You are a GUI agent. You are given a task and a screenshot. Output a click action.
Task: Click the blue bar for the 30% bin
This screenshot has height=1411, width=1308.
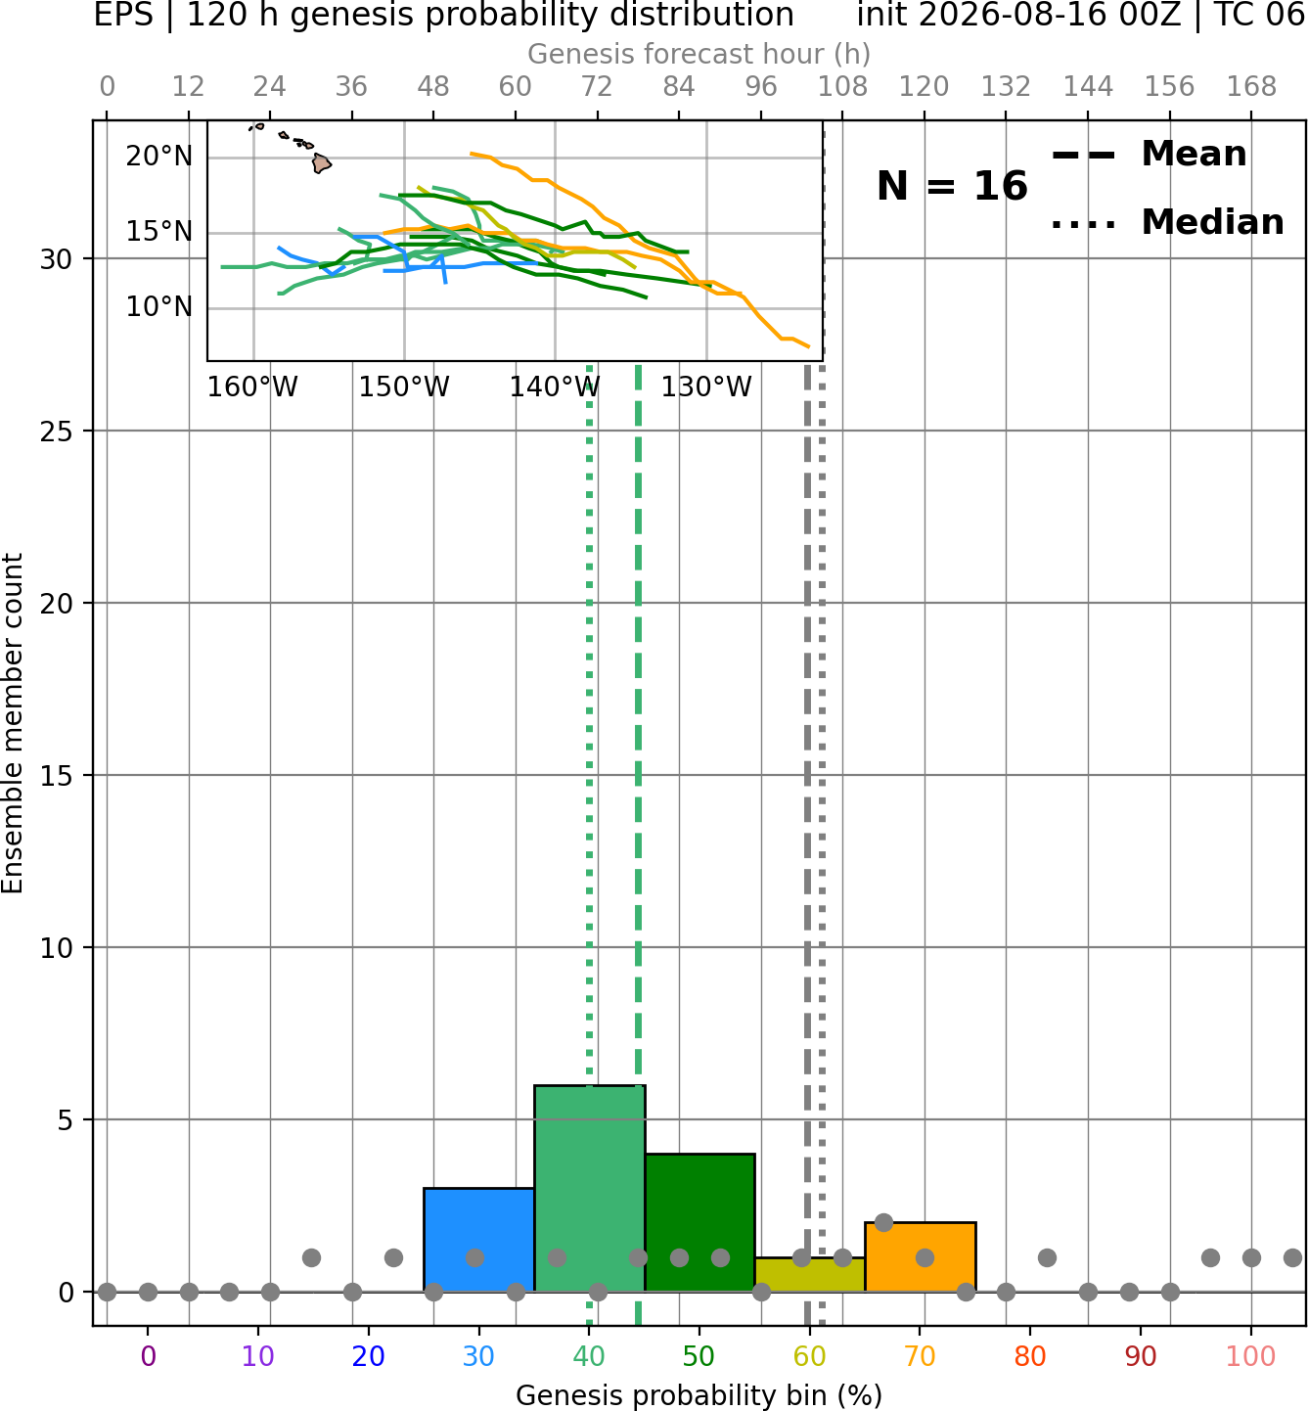point(478,1240)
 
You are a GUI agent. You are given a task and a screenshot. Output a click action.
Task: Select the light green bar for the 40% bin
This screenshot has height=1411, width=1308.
point(590,1189)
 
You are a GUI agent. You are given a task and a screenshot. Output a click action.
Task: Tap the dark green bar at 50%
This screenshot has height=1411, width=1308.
point(699,1223)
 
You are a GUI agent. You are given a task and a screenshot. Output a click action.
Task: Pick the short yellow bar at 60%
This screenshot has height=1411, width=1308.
point(810,1275)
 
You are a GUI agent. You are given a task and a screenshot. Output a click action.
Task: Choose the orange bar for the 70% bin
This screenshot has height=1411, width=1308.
point(921,1257)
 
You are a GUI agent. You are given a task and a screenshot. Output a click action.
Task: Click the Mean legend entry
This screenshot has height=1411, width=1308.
point(1149,155)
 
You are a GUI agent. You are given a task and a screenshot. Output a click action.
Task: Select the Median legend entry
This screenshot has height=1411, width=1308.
point(1168,222)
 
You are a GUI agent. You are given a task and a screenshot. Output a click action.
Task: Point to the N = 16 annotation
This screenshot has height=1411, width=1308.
point(952,186)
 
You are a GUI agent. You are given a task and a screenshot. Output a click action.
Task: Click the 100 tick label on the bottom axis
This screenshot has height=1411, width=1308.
point(1251,1356)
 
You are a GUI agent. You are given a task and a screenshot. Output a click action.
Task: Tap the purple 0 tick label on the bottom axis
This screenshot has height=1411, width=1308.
point(148,1356)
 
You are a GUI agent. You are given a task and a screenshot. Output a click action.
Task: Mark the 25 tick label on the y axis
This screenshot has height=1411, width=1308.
point(57,432)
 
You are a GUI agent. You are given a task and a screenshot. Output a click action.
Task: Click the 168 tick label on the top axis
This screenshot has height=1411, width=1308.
point(1251,87)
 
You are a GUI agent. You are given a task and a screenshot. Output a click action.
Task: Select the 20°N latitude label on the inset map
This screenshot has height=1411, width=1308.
point(159,157)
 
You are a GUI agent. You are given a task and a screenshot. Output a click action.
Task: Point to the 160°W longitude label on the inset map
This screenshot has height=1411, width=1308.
point(252,387)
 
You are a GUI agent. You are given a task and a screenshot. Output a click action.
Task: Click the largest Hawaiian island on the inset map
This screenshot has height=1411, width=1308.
point(321,163)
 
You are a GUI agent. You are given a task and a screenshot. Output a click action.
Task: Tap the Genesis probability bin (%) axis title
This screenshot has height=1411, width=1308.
point(699,1394)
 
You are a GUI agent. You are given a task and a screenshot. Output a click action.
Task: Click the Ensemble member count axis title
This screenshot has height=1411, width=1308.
point(12,723)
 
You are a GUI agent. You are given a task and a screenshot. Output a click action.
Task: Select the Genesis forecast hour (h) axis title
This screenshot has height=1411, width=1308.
point(699,54)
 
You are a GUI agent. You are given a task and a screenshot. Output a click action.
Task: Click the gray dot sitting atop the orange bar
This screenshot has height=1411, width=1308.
point(883,1223)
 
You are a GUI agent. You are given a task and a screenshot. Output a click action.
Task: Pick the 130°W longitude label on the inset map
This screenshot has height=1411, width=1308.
point(706,387)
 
